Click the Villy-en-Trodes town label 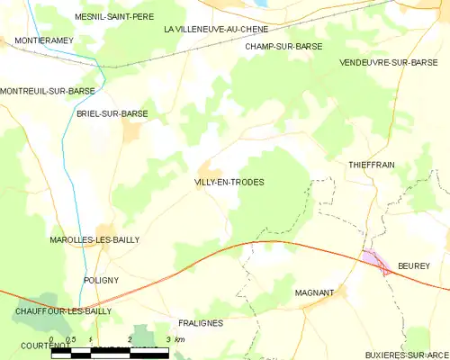[x=229, y=183]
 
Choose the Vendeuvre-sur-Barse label [x=394, y=63]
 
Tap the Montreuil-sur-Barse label [x=48, y=91]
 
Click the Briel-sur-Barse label [x=112, y=113]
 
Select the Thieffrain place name [x=372, y=165]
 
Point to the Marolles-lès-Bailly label [x=94, y=240]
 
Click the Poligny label [x=101, y=280]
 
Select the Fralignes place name [x=200, y=322]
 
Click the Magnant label [x=314, y=292]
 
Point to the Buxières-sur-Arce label [x=400, y=355]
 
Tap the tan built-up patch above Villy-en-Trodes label [x=210, y=168]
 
